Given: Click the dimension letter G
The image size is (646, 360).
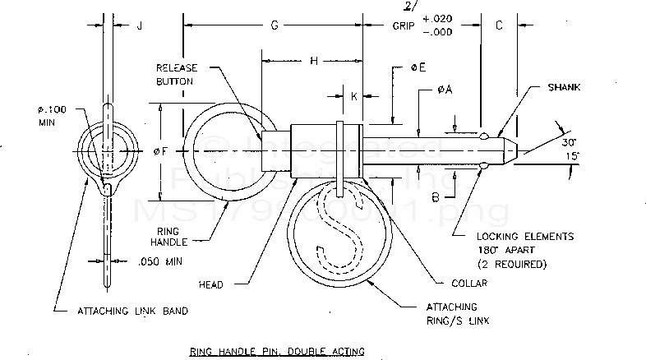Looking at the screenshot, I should (275, 25).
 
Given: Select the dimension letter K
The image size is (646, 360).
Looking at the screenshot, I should (354, 96).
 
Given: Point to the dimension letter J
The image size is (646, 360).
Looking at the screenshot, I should (140, 25).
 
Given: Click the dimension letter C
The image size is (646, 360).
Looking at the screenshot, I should (499, 25).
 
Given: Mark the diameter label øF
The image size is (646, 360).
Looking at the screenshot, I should (167, 150).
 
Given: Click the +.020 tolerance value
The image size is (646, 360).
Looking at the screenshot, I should (438, 18).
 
